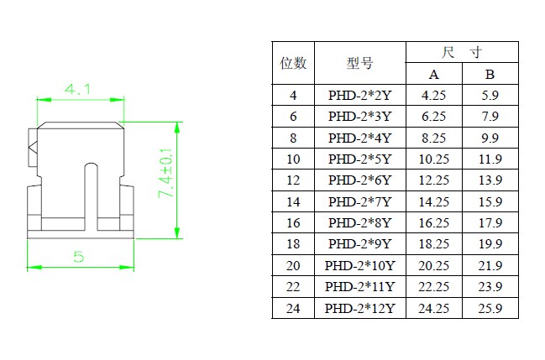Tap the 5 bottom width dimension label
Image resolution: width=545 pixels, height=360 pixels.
click(78, 257)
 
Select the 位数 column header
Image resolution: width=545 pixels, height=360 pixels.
click(293, 63)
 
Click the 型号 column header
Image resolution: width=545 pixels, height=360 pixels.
click(359, 63)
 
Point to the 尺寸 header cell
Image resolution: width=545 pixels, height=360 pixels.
click(461, 52)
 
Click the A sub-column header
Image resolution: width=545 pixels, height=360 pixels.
click(433, 74)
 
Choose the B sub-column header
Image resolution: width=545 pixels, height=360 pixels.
click(490, 74)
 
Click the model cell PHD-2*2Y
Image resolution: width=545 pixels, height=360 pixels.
click(359, 96)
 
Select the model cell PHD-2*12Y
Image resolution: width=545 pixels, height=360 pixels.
click(359, 309)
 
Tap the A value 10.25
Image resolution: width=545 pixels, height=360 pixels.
click(433, 159)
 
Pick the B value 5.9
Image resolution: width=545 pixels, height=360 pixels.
click(490, 96)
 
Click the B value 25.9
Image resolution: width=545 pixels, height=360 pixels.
click(490, 309)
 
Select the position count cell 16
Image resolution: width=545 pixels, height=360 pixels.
click(293, 223)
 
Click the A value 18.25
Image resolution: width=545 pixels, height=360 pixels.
click(433, 244)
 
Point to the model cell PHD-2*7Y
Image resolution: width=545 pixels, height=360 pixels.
click(359, 202)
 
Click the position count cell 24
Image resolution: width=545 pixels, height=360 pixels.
click(293, 309)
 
